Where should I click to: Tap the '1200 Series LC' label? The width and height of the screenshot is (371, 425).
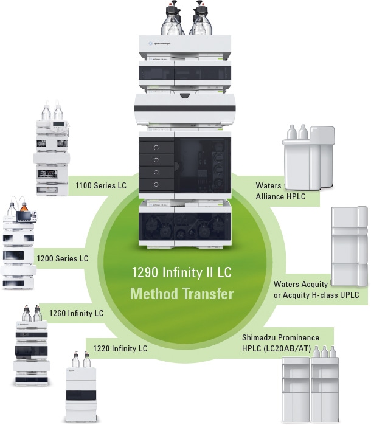pyautogui.click(x=62, y=258)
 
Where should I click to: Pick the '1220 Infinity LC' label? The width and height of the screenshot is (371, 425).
pyautogui.click(x=120, y=348)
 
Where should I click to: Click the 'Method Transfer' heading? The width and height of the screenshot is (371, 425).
pyautogui.click(x=182, y=294)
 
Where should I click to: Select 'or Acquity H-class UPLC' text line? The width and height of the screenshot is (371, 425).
pyautogui.click(x=316, y=295)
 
